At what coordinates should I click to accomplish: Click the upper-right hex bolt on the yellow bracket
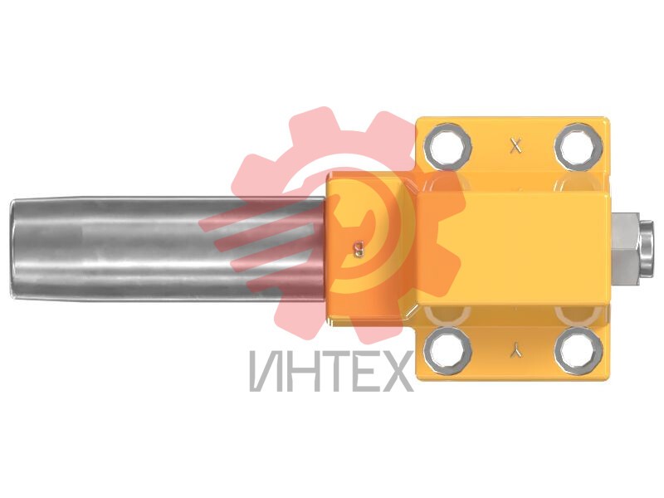pyautogui.click(x=579, y=146)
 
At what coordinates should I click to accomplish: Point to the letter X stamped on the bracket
pyautogui.click(x=515, y=147)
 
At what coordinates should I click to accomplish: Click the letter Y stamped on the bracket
pyautogui.click(x=516, y=350)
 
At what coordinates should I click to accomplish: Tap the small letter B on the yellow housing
pyautogui.click(x=359, y=249)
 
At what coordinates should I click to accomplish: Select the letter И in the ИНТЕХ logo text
pyautogui.click(x=265, y=371)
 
